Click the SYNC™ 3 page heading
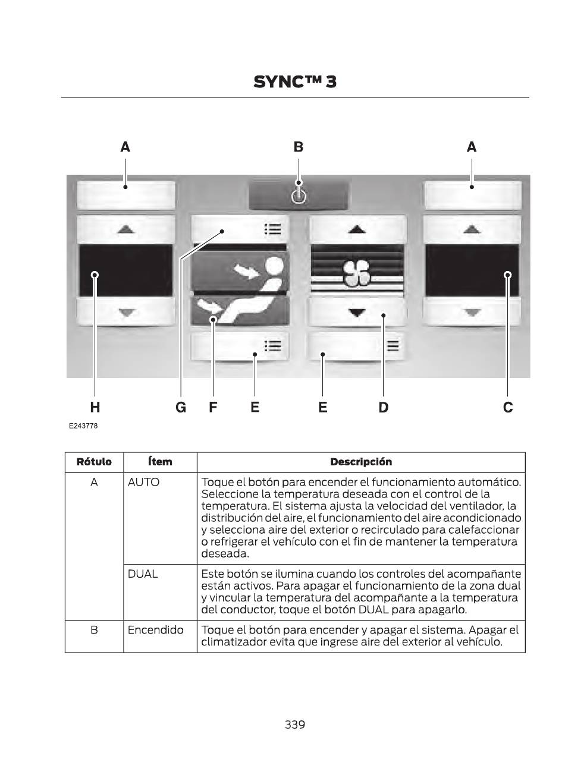coord(294,82)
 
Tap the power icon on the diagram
coord(299,196)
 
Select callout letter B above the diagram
coord(299,147)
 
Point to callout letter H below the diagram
coord(95,407)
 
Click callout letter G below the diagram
coord(181,407)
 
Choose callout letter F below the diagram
coord(213,407)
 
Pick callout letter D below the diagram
coord(383,407)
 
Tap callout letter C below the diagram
coord(507,407)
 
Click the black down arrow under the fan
coord(357,313)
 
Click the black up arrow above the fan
coord(357,229)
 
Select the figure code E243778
coord(83,426)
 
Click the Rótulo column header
coord(94,462)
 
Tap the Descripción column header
coord(361,462)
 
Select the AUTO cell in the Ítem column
coord(143,483)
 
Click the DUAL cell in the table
coord(143,574)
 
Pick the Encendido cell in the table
coord(155,630)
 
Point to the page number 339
coord(295,724)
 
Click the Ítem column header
coord(160,462)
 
